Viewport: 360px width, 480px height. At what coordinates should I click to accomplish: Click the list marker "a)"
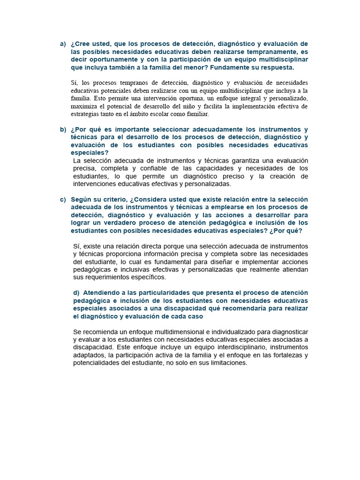point(63,44)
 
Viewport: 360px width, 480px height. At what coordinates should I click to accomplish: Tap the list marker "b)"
point(63,129)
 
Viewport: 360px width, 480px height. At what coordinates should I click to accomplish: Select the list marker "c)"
point(63,199)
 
